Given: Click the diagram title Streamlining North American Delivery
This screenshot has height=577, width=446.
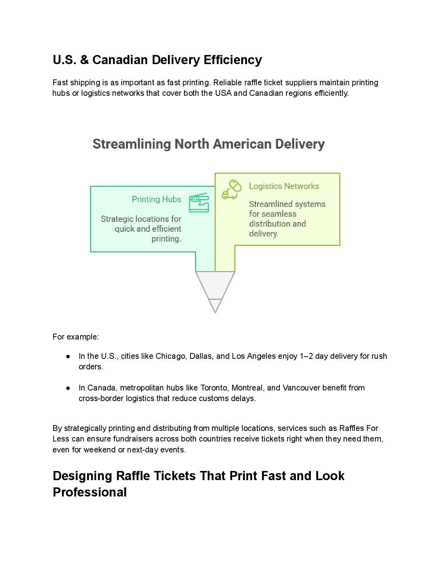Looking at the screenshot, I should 208,144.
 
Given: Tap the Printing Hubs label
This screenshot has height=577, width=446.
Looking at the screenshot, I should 156,199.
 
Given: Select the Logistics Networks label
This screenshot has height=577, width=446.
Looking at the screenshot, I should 284,186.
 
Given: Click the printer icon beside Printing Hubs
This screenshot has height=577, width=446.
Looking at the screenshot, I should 199,203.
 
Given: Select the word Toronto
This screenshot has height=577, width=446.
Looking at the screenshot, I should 214,388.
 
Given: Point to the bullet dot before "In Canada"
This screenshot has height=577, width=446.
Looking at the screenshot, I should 68,388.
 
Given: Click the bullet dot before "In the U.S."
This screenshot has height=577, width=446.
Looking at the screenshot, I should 68,356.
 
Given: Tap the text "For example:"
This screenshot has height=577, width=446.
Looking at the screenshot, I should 76,337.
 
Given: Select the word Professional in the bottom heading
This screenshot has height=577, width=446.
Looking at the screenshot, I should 90,492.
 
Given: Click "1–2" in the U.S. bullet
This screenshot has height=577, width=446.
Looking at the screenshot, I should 306,356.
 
